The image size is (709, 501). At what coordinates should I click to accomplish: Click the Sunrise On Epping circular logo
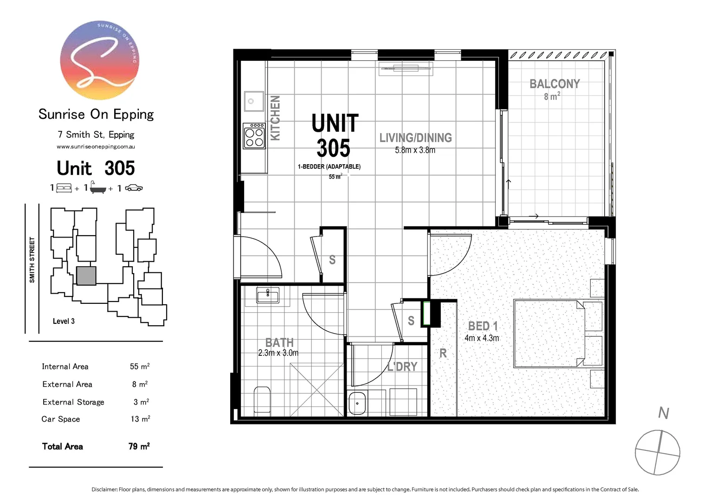tap(99, 60)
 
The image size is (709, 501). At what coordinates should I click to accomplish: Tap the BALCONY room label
tap(554, 84)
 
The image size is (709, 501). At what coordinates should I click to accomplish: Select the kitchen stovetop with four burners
tap(254, 135)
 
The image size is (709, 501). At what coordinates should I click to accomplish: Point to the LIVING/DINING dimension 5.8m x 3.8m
tap(415, 150)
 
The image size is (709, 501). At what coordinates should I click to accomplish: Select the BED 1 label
tap(483, 326)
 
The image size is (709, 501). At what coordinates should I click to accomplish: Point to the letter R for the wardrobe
tap(443, 353)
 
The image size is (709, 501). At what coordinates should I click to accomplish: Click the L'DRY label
tap(402, 366)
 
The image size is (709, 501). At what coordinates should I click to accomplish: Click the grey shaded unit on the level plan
tap(86, 276)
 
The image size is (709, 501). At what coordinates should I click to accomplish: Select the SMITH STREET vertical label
tap(32, 260)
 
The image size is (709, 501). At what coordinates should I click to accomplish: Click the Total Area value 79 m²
tap(139, 446)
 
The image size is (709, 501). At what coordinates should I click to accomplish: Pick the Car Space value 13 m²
tap(140, 419)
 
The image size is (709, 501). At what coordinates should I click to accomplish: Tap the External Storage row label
tap(73, 402)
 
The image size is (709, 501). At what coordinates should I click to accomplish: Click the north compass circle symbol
tap(657, 452)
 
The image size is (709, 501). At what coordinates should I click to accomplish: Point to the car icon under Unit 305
tap(134, 188)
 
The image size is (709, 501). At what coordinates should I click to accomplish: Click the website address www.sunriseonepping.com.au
tap(96, 147)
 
